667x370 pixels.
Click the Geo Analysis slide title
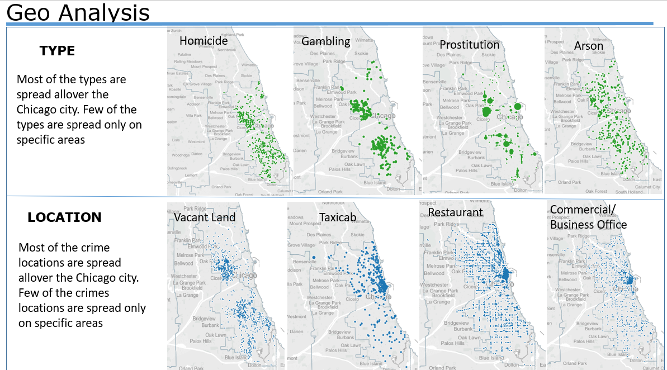click(78, 12)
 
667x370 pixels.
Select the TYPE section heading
click(57, 51)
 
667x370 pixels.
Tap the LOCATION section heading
click(64, 217)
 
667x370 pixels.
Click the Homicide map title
click(204, 41)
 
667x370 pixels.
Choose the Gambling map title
click(325, 41)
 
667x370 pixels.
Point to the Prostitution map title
click(469, 45)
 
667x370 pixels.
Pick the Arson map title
click(589, 46)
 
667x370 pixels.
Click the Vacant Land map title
click(205, 217)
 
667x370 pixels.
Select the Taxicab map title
click(338, 217)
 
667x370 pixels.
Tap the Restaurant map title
click(455, 212)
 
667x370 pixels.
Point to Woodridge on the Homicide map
click(181, 155)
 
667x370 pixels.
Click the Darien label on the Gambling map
click(300, 150)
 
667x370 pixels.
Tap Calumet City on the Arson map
click(647, 187)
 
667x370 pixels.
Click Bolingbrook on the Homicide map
click(177, 168)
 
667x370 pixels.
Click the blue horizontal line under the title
click(330, 23)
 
